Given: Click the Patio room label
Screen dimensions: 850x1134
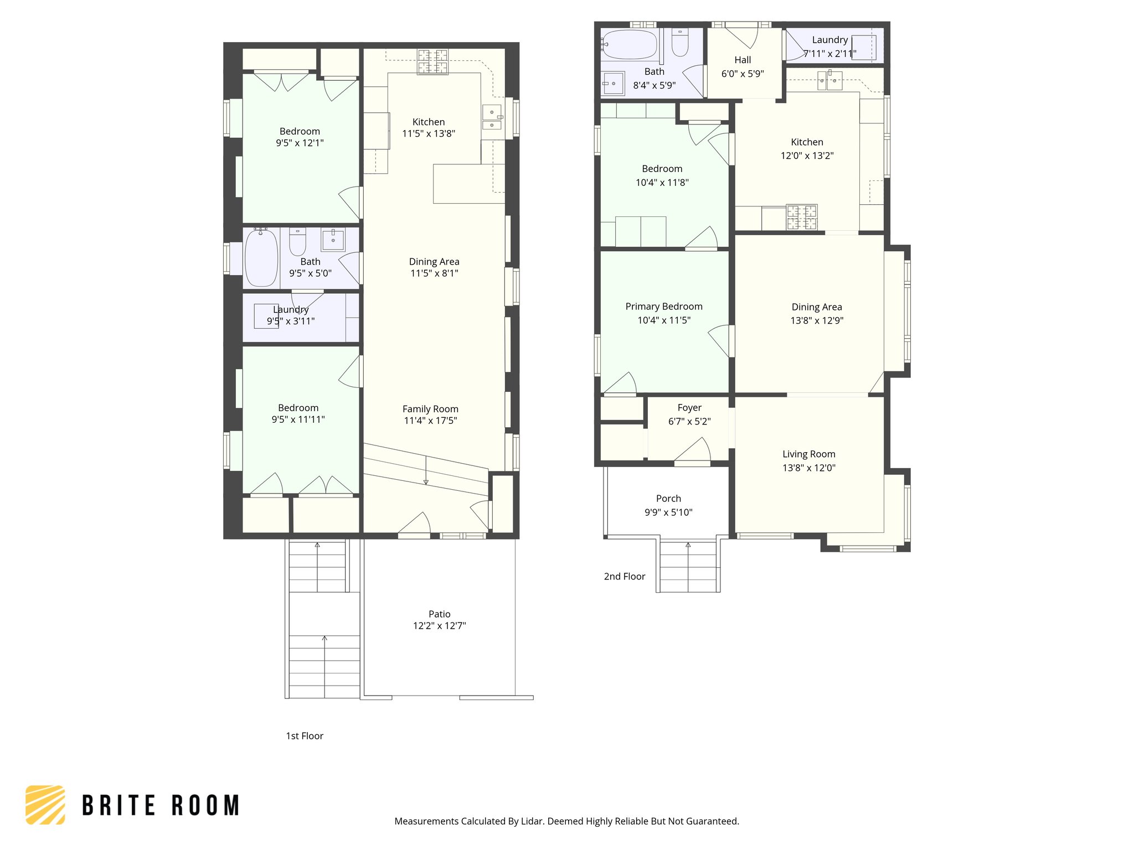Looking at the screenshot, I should click(x=439, y=614).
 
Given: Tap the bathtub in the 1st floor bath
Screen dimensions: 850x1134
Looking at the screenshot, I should click(x=261, y=258).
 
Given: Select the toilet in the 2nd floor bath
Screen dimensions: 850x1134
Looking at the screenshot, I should click(x=680, y=43).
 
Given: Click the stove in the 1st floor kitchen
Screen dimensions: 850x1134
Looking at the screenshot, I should click(x=432, y=61).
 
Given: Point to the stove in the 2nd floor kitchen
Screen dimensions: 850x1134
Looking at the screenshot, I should click(x=802, y=217).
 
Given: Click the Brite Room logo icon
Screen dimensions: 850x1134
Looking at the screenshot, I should click(x=45, y=805).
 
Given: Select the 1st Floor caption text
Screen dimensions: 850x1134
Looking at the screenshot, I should click(x=304, y=735).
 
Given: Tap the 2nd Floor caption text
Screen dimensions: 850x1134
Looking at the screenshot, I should click(x=624, y=576).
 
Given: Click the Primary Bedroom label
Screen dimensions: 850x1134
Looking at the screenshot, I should click(x=663, y=306).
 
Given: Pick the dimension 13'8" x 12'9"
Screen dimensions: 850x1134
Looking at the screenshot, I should click(x=816, y=320).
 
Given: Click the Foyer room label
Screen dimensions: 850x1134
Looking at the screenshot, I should click(x=689, y=407).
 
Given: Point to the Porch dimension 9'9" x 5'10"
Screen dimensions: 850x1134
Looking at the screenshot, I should click(x=668, y=512).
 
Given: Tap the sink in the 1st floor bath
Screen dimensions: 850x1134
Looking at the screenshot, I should click(x=333, y=240).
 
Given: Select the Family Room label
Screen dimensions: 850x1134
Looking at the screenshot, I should click(x=430, y=409).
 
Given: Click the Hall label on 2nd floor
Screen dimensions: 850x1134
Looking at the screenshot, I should click(x=742, y=60).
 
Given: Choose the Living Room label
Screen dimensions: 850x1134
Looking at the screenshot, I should click(x=808, y=454).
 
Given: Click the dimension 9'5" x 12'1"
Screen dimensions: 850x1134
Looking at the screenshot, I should click(x=300, y=143).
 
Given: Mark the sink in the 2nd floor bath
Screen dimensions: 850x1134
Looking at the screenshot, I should click(x=613, y=84).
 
